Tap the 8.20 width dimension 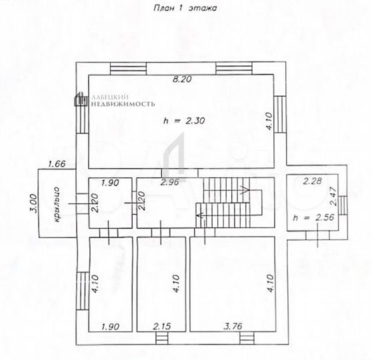coord(181,79)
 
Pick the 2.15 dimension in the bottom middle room coord(162,327)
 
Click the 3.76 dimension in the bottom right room coord(233,327)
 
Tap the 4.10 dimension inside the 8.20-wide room coord(268,124)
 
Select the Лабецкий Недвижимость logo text coord(120,101)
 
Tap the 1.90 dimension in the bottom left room coord(109,327)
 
